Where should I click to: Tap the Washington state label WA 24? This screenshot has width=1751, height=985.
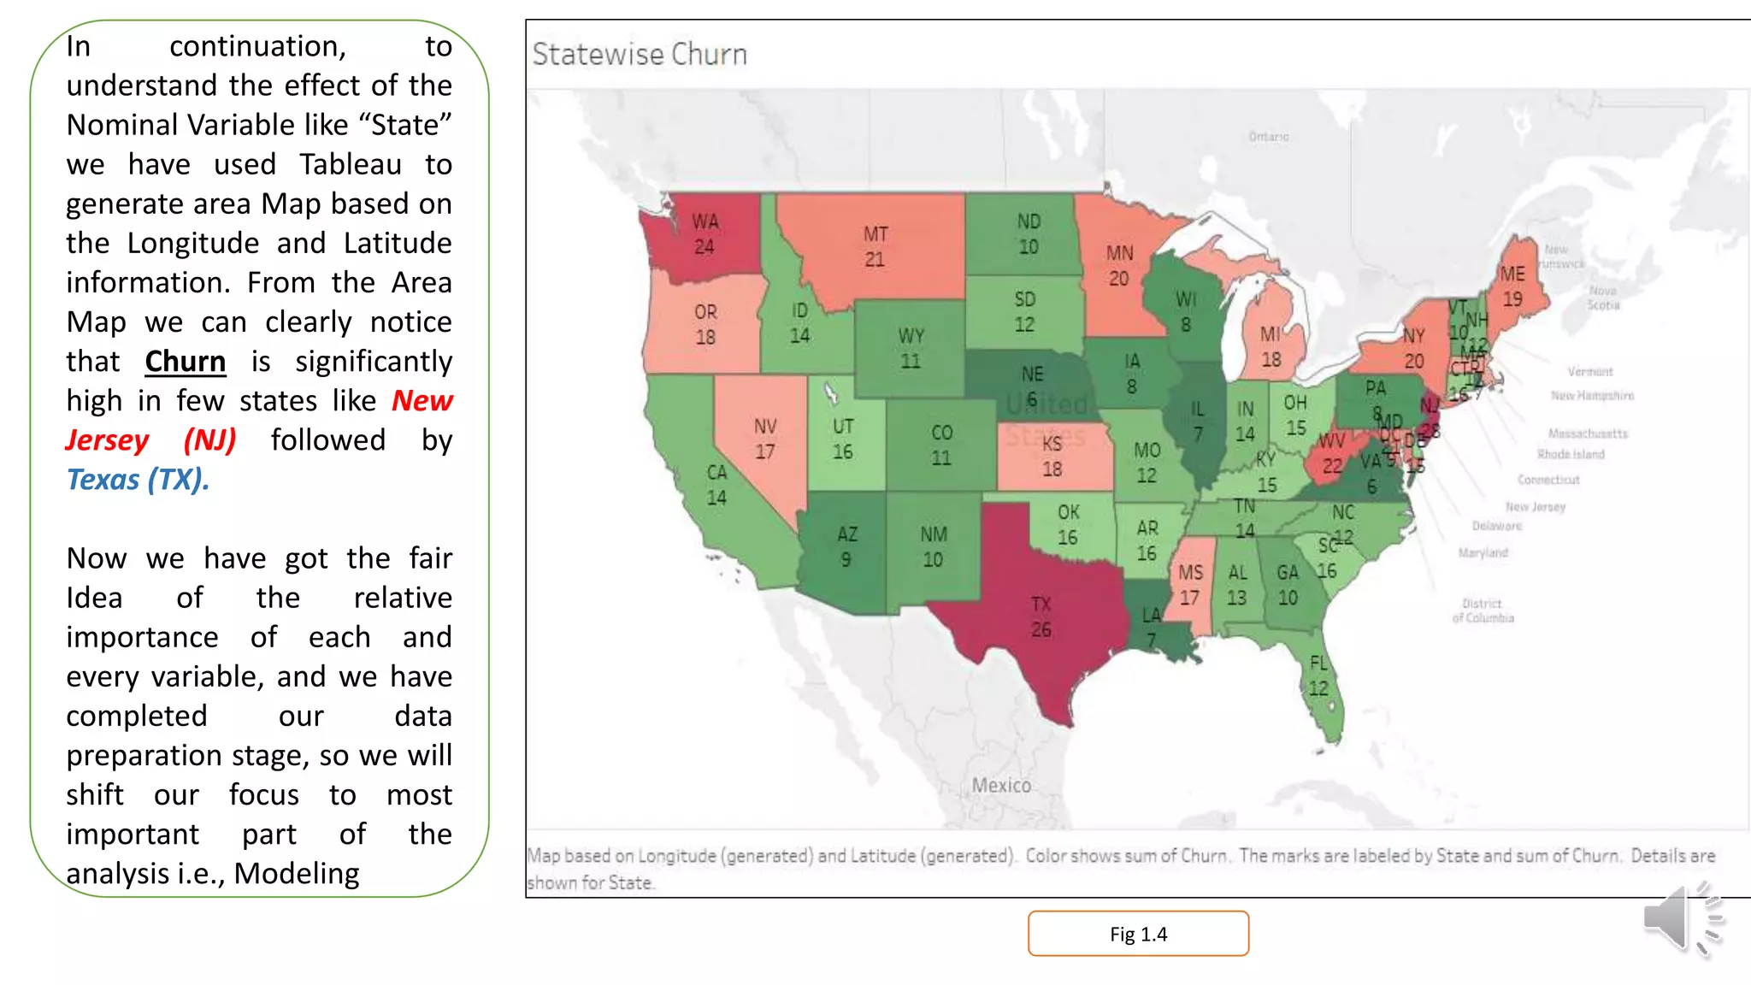click(x=705, y=234)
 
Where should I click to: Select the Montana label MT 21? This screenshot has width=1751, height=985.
click(x=875, y=246)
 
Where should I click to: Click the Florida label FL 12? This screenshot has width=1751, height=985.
click(x=1318, y=675)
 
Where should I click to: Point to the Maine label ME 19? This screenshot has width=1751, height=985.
click(x=1512, y=286)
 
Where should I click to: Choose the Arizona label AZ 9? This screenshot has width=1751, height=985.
click(x=846, y=546)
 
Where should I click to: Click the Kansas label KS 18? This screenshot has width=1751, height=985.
click(x=1052, y=457)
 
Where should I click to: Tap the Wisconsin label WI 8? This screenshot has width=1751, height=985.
click(x=1186, y=312)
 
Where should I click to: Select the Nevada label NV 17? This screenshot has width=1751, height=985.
click(x=765, y=439)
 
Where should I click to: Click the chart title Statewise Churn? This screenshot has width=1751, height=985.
click(x=640, y=55)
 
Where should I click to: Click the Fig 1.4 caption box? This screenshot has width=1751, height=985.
click(x=1138, y=934)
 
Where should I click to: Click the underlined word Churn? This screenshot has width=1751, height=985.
click(x=185, y=362)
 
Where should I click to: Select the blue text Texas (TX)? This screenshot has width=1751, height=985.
click(x=138, y=480)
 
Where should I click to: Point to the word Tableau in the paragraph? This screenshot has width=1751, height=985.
click(x=351, y=164)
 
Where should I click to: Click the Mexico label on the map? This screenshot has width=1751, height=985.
click(x=1001, y=785)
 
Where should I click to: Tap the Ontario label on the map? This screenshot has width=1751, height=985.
click(x=1268, y=137)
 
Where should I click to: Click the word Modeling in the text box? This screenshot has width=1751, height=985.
click(x=297, y=874)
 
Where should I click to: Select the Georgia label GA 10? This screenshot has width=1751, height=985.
click(x=1288, y=585)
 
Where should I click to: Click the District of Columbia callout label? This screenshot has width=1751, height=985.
click(x=1483, y=610)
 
